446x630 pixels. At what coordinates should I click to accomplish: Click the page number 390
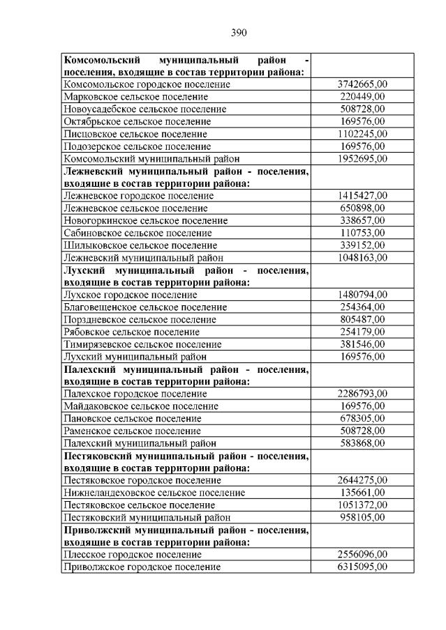pyautogui.click(x=239, y=32)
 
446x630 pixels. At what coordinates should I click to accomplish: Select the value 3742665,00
pyautogui.click(x=362, y=84)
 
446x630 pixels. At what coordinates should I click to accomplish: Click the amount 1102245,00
pyautogui.click(x=362, y=134)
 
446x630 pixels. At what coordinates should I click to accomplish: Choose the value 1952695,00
pyautogui.click(x=362, y=159)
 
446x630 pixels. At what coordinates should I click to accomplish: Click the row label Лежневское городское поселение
pyautogui.click(x=138, y=196)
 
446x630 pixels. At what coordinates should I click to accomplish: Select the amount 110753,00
pyautogui.click(x=362, y=233)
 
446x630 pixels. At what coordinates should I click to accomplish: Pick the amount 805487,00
pyautogui.click(x=362, y=319)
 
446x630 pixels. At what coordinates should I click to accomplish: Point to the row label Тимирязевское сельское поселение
pyautogui.click(x=142, y=344)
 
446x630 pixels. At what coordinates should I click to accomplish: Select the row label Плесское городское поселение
pyautogui.click(x=133, y=555)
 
